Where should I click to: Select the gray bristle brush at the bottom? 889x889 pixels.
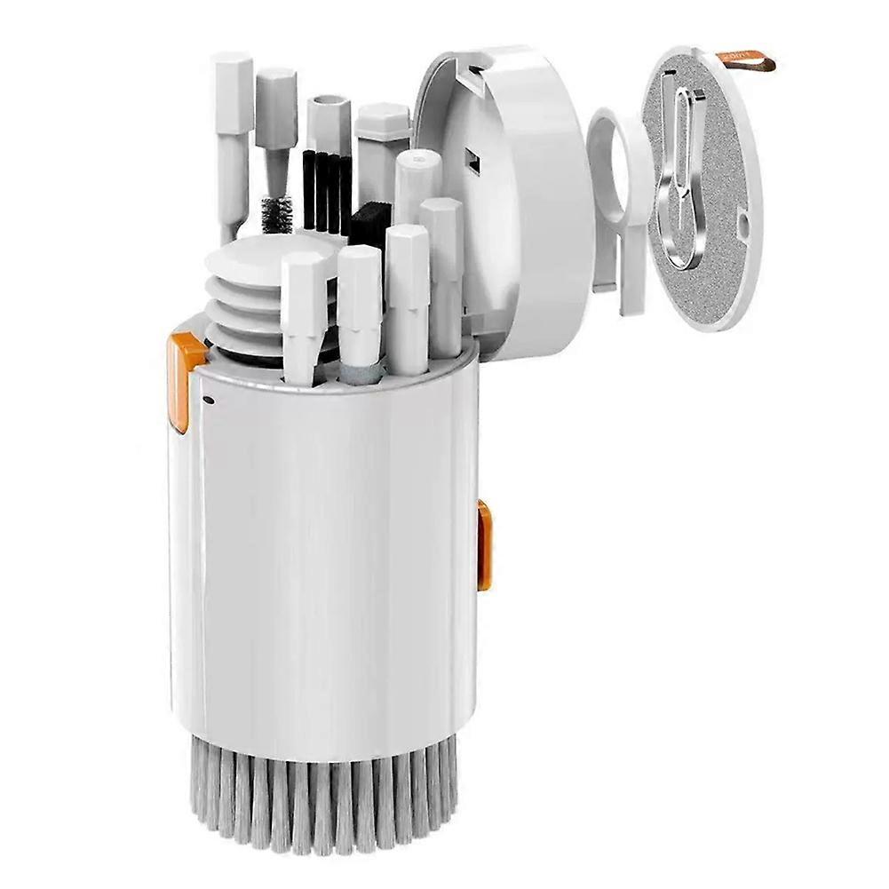[x=329, y=799]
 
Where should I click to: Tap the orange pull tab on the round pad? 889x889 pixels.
[x=751, y=60]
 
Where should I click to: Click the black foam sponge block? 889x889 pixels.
[x=366, y=225]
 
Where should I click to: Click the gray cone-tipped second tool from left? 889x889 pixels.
[x=275, y=115]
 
